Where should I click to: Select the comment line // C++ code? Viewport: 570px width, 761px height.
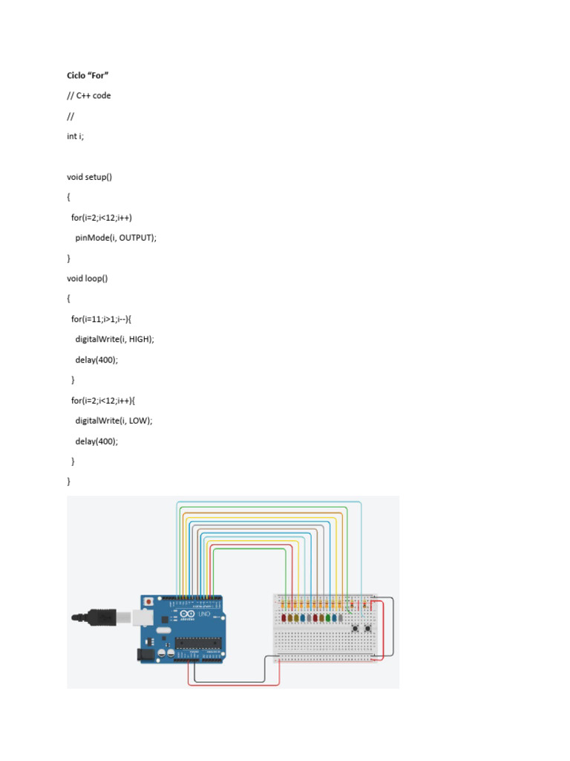click(x=89, y=96)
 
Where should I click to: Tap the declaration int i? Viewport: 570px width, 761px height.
click(x=75, y=136)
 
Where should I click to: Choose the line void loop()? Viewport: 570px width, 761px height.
click(x=88, y=279)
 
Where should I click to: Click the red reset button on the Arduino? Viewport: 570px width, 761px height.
click(x=150, y=600)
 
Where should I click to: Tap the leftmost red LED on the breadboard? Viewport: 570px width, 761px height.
click(x=284, y=618)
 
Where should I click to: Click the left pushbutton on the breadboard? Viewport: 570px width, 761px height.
click(x=356, y=629)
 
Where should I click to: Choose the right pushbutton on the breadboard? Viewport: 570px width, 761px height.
click(x=368, y=629)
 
